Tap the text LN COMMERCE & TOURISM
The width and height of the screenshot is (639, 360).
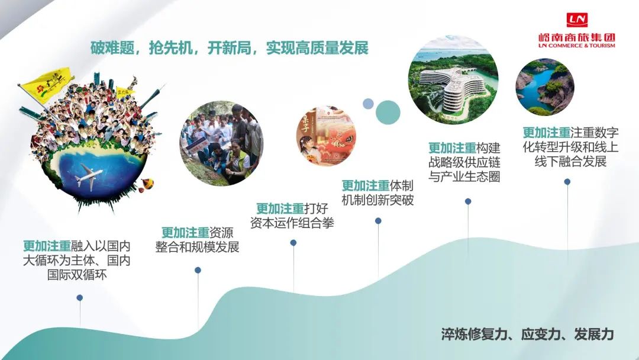(576, 46)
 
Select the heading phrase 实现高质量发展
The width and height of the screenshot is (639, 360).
(317, 48)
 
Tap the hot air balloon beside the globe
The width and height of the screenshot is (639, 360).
(145, 187)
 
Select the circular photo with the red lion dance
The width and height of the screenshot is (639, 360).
(325, 136)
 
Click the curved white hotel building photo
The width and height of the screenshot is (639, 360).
(453, 82)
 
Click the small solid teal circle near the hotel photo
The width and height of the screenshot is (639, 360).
(388, 111)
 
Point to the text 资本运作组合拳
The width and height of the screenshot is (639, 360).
(292, 223)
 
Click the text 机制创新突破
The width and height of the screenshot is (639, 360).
(377, 200)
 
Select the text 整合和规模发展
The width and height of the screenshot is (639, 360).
(198, 247)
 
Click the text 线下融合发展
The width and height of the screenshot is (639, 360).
(570, 161)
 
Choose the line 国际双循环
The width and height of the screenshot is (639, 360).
(77, 275)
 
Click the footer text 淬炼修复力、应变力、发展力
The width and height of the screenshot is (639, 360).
(527, 334)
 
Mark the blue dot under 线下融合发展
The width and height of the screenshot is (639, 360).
(567, 182)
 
